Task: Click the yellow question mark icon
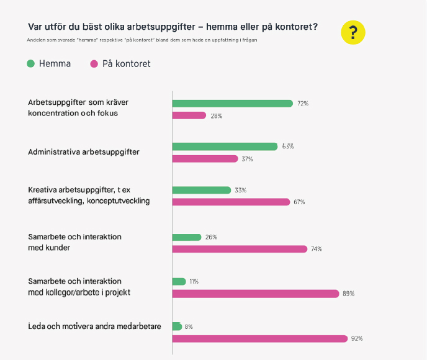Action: tap(353, 32)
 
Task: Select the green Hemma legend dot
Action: tap(30, 64)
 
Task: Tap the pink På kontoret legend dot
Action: tap(94, 64)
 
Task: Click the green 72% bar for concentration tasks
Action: tap(232, 104)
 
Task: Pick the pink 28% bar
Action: tap(189, 115)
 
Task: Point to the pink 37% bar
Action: tap(205, 159)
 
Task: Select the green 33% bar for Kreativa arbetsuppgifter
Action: tap(201, 190)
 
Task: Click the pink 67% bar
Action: tap(231, 202)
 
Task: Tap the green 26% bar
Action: tap(187, 237)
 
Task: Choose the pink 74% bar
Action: tap(240, 249)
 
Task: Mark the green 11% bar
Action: tap(179, 281)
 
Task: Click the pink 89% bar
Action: tap(256, 294)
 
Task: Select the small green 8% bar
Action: tap(177, 326)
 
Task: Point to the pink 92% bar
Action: tap(259, 338)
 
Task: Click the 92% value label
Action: tap(357, 339)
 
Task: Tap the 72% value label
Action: tap(303, 104)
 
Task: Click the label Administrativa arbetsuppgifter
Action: tap(84, 152)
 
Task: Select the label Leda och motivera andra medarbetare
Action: tap(95, 326)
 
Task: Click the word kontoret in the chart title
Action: tap(295, 27)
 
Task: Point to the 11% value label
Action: tap(194, 282)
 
